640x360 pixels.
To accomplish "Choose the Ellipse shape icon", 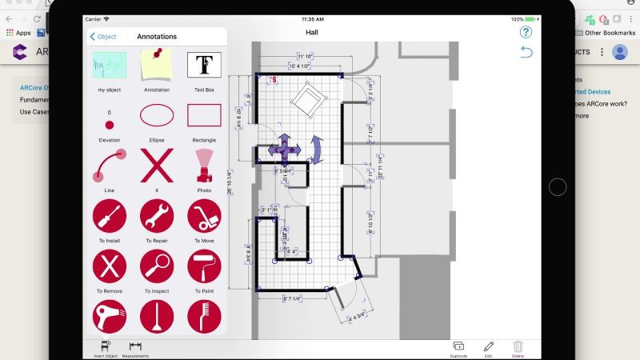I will pos(157,116).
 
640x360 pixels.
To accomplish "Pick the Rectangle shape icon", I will pos(204,116).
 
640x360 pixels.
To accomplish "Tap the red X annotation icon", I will pos(157,166).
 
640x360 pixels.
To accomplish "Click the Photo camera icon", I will pos(204,166).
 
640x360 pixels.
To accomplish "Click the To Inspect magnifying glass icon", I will pos(157,266).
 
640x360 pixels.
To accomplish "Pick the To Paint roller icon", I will pos(204,266).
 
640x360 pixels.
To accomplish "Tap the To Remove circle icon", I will pos(110,266).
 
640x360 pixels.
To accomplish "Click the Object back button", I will pos(103,37).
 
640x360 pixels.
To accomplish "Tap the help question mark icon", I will pos(526,33).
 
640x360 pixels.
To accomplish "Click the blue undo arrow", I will pos(526,52).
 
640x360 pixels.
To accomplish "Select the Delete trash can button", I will pos(518,348).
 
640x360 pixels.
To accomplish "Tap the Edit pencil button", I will pos(489,348).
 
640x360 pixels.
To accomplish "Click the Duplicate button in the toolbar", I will pos(459,348).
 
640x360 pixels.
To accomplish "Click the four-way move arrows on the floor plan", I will pos(284,148).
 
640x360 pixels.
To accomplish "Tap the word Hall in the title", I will pos(312,33).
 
